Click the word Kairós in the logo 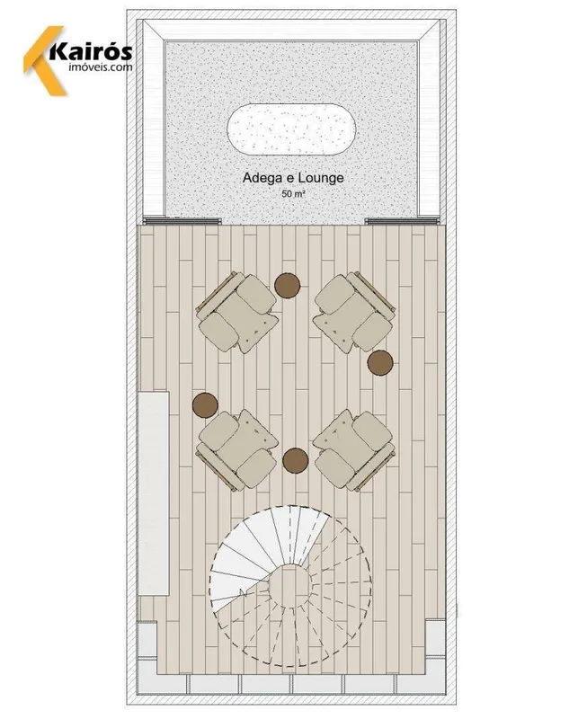tap(91, 52)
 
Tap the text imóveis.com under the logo tap(101, 67)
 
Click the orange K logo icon tap(44, 60)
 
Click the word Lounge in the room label tap(321, 178)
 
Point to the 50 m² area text tap(293, 193)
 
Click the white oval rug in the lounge tap(292, 129)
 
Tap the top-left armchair tap(237, 312)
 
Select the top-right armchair tap(354, 312)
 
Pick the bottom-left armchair tap(237, 450)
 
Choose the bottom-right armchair tap(354, 450)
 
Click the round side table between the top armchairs tap(288, 285)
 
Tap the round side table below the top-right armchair tap(380, 363)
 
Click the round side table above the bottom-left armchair tap(205, 405)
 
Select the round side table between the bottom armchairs tap(296, 460)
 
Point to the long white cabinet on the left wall tap(154, 493)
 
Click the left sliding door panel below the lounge tap(182, 221)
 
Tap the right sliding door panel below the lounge tap(402, 221)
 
